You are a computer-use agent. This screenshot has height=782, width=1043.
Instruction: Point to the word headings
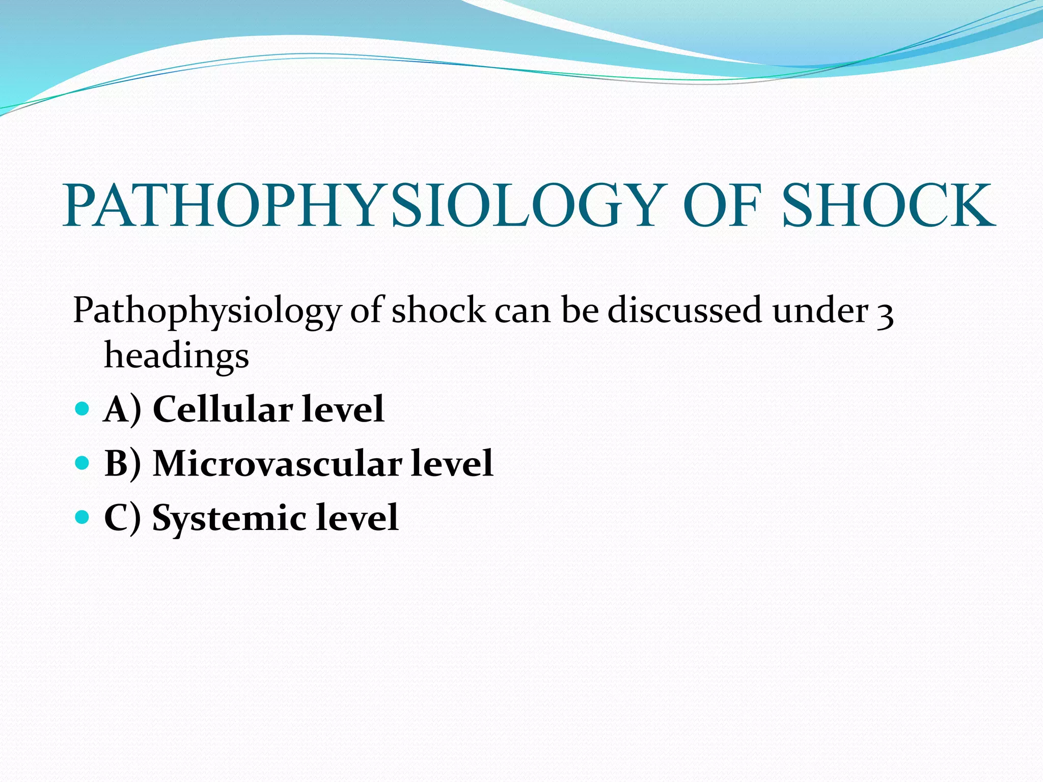coord(176,356)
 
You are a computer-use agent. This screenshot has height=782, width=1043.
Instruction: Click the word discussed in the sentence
coord(684,310)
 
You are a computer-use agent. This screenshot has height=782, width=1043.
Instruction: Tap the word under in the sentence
coord(820,310)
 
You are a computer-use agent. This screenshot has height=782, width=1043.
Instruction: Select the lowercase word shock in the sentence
coord(438,310)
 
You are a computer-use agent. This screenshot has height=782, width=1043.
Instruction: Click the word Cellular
coord(223,409)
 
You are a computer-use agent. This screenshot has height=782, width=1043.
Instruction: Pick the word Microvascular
coord(277,464)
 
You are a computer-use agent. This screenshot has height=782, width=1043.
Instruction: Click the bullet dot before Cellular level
coord(81,408)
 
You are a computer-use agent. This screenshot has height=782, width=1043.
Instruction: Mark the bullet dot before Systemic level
coord(81,517)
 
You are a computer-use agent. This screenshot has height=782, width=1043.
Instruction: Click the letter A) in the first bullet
coord(122,409)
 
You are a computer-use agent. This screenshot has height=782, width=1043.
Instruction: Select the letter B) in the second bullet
coord(122,464)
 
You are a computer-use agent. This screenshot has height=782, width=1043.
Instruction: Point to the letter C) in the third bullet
coord(122,518)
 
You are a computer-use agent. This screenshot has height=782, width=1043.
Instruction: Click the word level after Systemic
coord(356,518)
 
